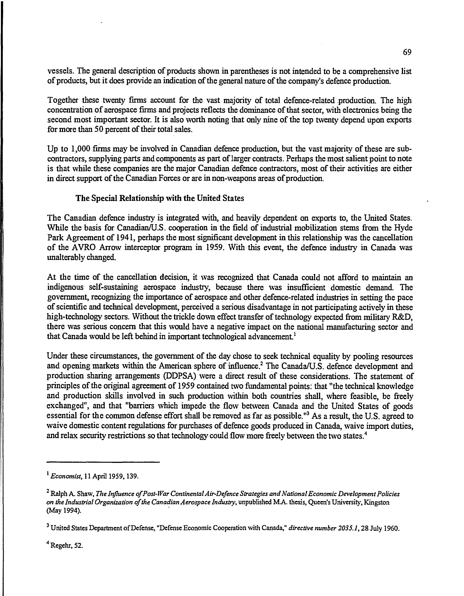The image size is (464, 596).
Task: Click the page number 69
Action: [x=407, y=52]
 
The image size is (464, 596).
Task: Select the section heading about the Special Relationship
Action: [x=160, y=198]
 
